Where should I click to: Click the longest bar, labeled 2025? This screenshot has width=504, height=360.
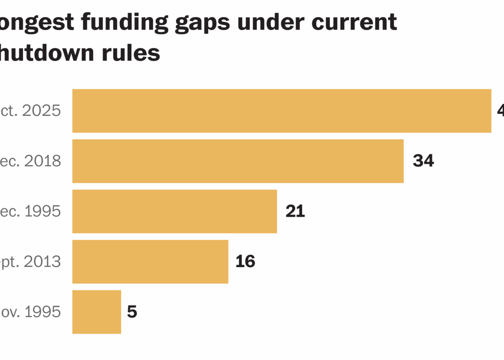tap(282, 111)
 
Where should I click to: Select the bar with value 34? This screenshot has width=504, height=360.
tap(238, 161)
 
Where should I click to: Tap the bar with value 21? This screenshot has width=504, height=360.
tap(175, 212)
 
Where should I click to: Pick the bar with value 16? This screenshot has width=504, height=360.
tap(150, 261)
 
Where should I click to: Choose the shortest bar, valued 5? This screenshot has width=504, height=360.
tap(96, 312)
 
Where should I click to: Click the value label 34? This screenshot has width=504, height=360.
tap(423, 161)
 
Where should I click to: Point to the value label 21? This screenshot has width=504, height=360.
tap(295, 212)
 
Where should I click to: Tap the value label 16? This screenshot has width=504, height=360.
tap(245, 261)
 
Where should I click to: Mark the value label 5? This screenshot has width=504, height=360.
tap(132, 312)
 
